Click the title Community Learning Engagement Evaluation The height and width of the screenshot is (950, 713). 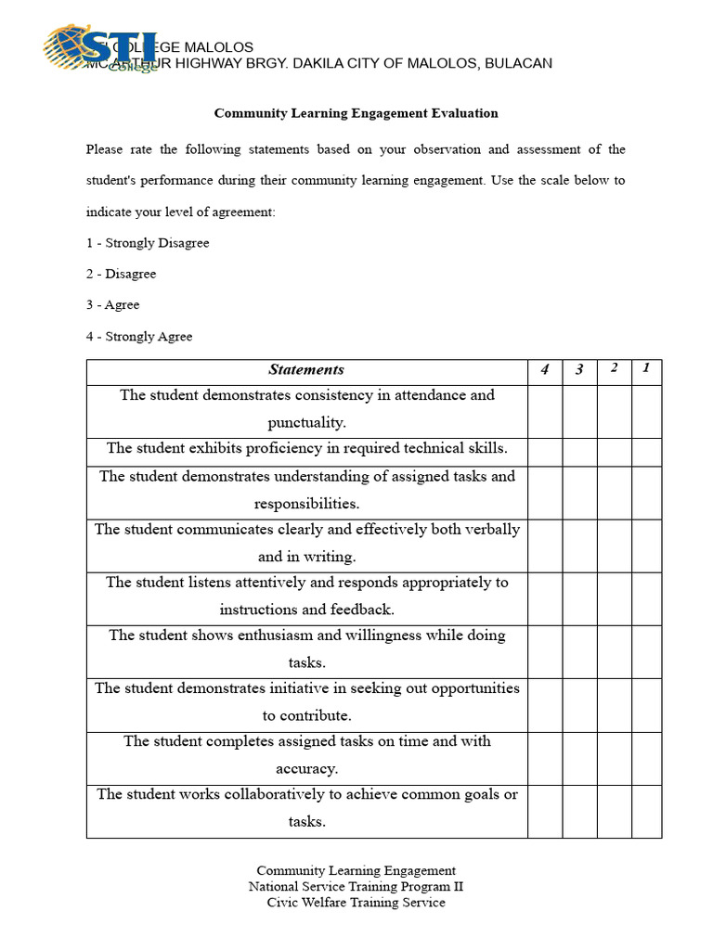click(x=356, y=113)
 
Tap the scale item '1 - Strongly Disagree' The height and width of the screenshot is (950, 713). click(x=148, y=243)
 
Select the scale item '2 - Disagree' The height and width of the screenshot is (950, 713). click(x=121, y=274)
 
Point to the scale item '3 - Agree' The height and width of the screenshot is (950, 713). click(x=112, y=305)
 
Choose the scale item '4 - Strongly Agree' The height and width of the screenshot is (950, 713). click(x=139, y=337)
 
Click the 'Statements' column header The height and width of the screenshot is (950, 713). click(x=306, y=370)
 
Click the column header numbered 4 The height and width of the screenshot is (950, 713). click(x=545, y=370)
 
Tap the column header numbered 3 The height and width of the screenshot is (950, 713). click(x=579, y=370)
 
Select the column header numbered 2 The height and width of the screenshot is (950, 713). click(x=614, y=369)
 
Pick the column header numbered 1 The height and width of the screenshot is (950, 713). click(x=646, y=368)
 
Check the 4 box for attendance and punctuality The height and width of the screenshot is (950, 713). click(x=545, y=411)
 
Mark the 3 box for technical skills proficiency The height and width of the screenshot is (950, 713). click(x=579, y=452)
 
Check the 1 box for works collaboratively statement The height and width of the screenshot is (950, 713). click(x=646, y=811)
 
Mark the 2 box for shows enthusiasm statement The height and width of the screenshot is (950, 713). click(x=614, y=651)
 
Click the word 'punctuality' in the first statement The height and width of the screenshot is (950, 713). click(x=306, y=423)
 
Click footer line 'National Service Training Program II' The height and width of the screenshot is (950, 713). click(x=356, y=886)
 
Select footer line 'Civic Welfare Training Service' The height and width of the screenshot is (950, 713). click(x=356, y=902)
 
